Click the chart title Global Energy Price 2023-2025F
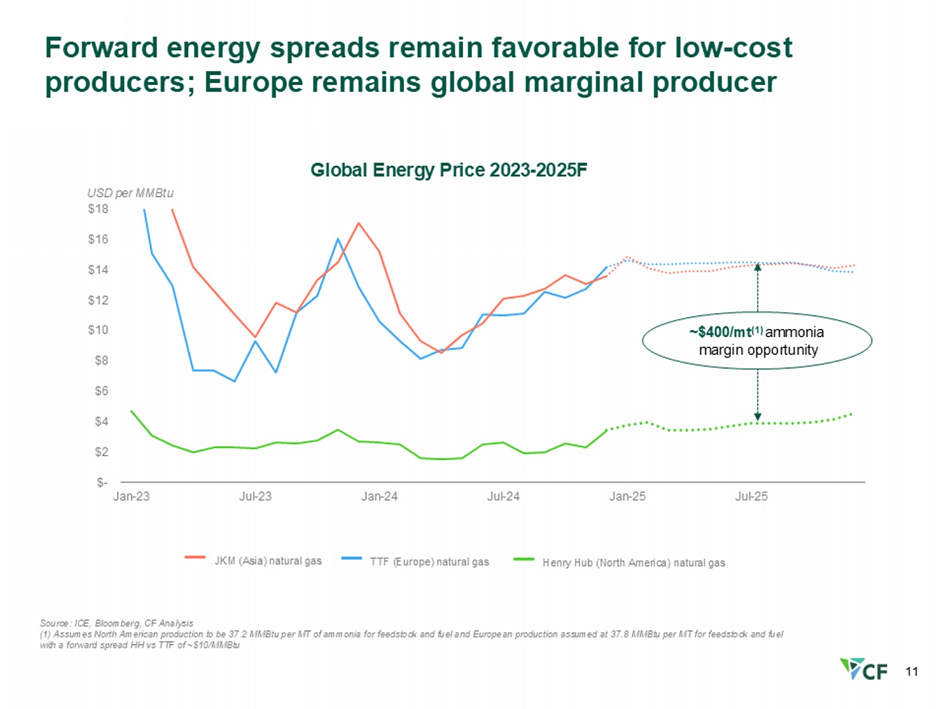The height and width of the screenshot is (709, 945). click(449, 170)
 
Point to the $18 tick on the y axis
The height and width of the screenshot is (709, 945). click(98, 209)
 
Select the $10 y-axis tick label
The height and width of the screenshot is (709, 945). click(98, 330)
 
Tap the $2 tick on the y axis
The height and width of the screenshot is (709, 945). click(101, 452)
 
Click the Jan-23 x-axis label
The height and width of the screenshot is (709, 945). click(131, 497)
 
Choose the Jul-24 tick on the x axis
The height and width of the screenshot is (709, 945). click(503, 497)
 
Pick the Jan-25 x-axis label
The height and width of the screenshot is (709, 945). click(627, 497)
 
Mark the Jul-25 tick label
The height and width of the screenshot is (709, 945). click(751, 497)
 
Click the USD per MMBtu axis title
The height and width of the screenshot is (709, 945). click(130, 193)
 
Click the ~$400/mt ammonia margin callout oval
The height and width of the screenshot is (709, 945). click(757, 341)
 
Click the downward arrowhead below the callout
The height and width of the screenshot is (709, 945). click(758, 417)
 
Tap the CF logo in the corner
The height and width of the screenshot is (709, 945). click(864, 669)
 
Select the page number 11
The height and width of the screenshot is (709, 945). click(912, 672)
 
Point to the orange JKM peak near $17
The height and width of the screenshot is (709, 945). click(358, 223)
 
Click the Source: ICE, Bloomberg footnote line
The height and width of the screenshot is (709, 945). click(117, 623)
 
